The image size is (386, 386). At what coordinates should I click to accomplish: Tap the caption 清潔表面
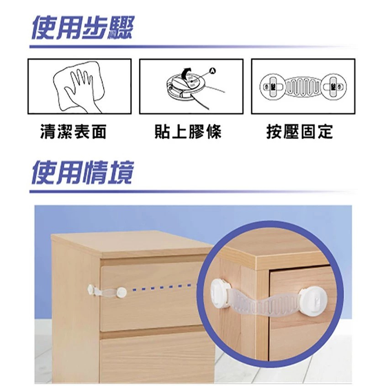[x=73, y=132]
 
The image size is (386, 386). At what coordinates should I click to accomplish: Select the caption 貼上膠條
[x=188, y=132]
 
